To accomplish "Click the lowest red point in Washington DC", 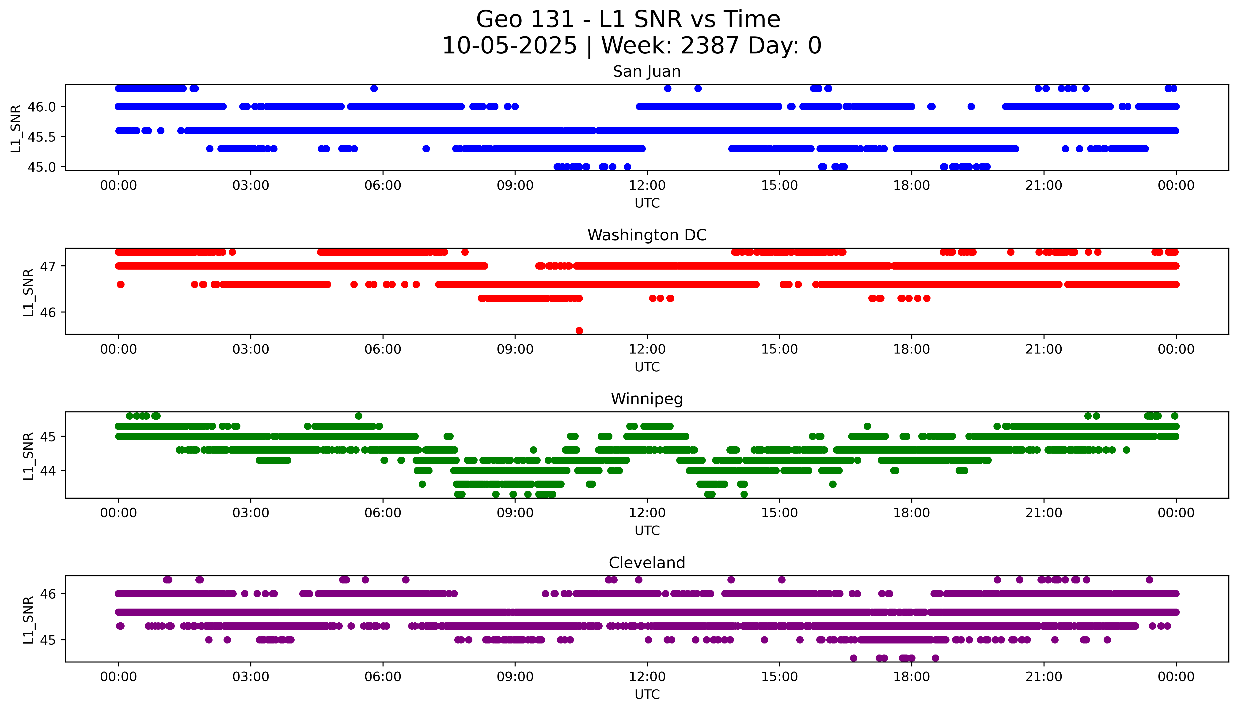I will coord(579,331).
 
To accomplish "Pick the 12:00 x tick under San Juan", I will coord(647,186).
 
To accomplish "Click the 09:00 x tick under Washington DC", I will coord(515,349).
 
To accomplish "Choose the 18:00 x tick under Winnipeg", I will coord(911,513).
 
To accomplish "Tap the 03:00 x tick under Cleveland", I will coord(251,677).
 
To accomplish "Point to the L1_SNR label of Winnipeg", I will coord(28,456).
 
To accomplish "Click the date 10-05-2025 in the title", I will coord(509,46).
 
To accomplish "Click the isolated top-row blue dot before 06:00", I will coord(374,88).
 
